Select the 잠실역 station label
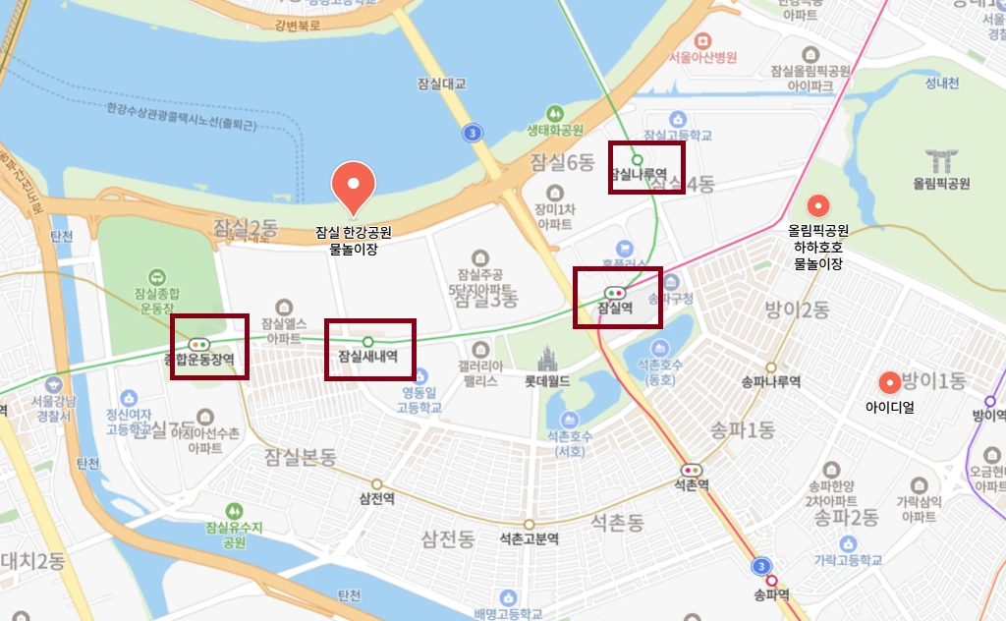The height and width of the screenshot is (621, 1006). [x=616, y=308]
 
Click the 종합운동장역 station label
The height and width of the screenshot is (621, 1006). [x=207, y=360]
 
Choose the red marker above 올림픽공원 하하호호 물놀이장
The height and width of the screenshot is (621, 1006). [x=817, y=206]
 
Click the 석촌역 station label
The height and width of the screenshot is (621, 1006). [x=692, y=484]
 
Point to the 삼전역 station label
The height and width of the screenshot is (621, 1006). [x=377, y=498]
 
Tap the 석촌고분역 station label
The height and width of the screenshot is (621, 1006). [x=529, y=538]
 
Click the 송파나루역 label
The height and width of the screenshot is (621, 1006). [x=770, y=381]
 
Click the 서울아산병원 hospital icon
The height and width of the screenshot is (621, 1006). [x=702, y=40]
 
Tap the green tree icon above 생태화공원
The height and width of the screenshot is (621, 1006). [x=555, y=112]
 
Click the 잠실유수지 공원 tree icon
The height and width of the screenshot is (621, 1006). [x=233, y=511]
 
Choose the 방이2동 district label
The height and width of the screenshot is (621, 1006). [x=797, y=310]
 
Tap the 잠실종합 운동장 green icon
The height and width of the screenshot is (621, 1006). [x=156, y=279]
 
